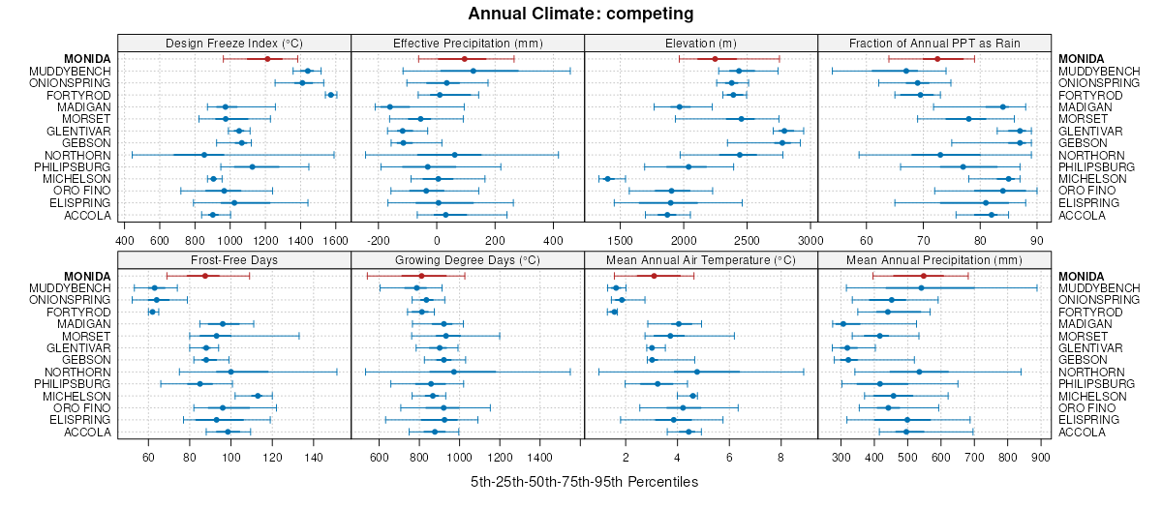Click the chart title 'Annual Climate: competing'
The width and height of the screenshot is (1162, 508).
coord(580,14)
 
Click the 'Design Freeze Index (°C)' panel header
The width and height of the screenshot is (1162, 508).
coord(233,44)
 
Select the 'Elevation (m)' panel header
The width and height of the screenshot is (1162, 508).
coord(701,44)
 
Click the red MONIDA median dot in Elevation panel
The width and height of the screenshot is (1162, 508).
coord(715,59)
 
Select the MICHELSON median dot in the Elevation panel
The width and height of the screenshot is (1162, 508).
coord(608,179)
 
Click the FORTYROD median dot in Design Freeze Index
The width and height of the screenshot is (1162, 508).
coord(331,95)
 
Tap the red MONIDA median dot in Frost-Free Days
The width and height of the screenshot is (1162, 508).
coord(204,276)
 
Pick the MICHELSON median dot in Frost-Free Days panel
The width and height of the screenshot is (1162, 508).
coord(258,396)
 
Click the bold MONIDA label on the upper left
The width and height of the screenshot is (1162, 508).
coord(87,59)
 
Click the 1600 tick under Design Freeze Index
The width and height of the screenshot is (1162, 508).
coord(335,240)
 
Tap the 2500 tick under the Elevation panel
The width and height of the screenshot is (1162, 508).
coord(747,240)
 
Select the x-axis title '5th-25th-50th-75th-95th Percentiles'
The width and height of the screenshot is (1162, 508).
coord(584,482)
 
